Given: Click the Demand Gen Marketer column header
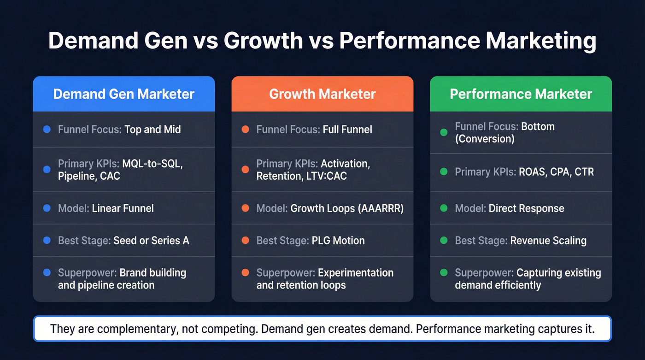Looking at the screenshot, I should coord(123,94).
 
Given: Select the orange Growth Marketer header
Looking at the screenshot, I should coord(322,94).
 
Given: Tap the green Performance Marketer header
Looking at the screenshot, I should coord(521,94).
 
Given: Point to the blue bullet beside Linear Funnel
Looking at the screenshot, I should coord(47,208).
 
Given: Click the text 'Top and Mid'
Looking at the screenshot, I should coord(152,130).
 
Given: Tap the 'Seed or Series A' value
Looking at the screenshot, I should coord(151,241).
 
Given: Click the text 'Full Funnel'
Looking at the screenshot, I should coord(347,130).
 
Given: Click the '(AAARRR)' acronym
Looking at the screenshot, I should coord(381,208).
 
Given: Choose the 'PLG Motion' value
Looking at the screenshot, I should coord(338,241).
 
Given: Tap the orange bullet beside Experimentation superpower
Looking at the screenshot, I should coord(245,273).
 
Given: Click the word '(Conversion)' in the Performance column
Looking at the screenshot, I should coord(484,139).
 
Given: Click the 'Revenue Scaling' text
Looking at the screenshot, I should coord(548,241).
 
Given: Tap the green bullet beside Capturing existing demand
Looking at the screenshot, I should coord(444,273).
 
